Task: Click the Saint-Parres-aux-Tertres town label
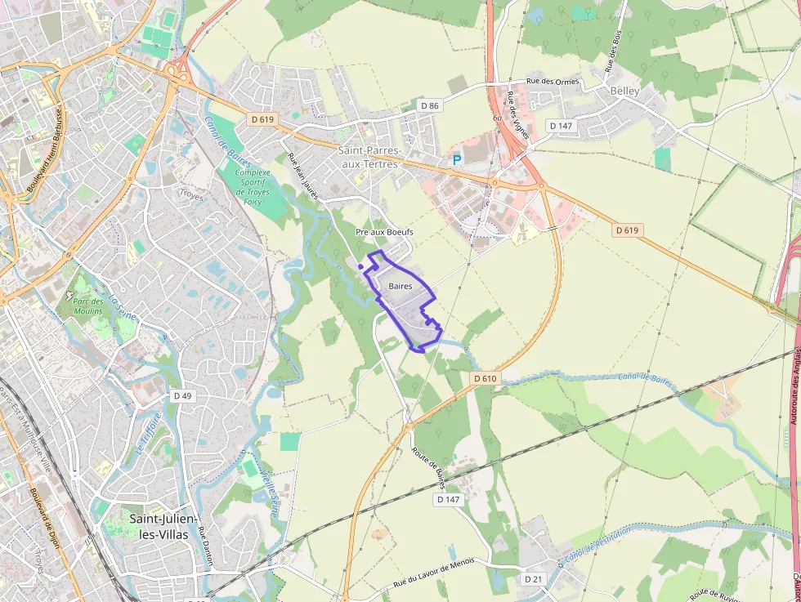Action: (x=369, y=157)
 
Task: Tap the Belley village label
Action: (x=624, y=91)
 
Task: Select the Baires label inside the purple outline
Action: (x=400, y=286)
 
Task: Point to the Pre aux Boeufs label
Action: (x=384, y=232)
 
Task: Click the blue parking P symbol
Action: (x=457, y=161)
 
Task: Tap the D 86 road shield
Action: (x=430, y=105)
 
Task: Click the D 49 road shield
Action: (x=181, y=395)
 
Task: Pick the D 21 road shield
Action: (x=533, y=579)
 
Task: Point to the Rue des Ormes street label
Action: (x=553, y=81)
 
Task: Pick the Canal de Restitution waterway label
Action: (x=597, y=543)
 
